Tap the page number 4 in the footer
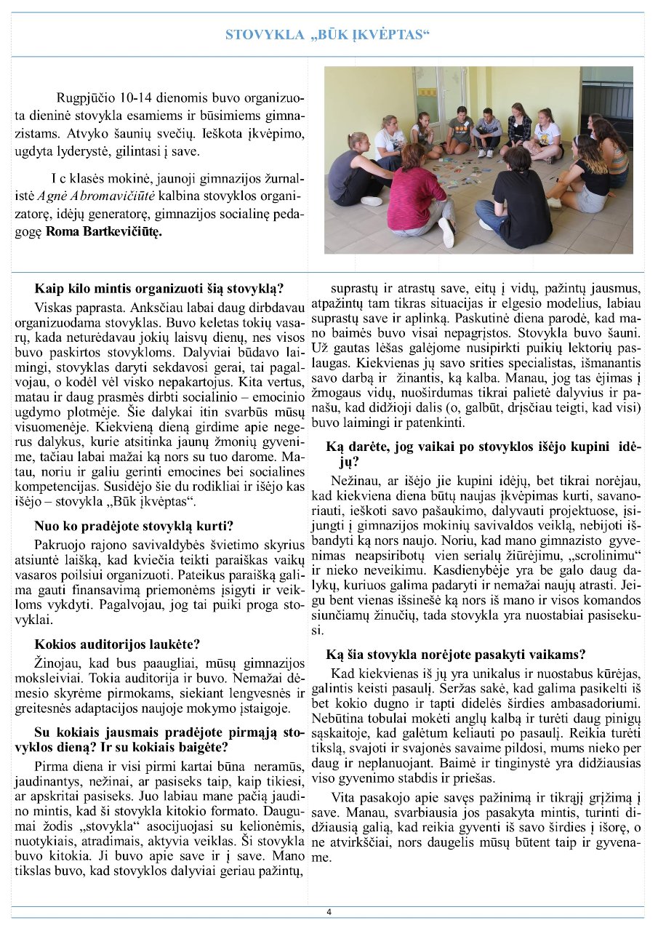click(x=329, y=912)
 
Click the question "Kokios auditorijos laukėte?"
click(x=116, y=644)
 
